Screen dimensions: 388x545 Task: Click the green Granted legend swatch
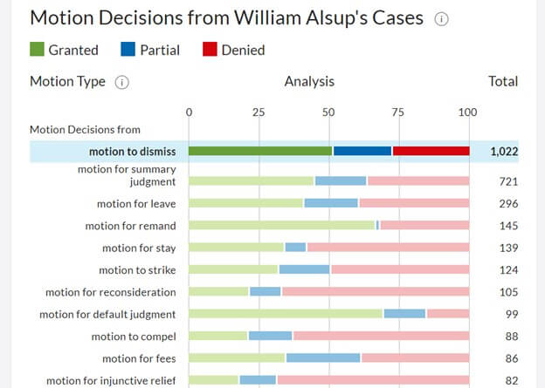[x=37, y=50]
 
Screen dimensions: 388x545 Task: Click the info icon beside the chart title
[x=441, y=19]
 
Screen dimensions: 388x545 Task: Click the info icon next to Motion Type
[x=122, y=82]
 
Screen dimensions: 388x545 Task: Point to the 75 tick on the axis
[x=397, y=112]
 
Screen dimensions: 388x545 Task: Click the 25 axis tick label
[x=259, y=112]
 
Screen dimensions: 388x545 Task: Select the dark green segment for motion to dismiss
[x=260, y=151]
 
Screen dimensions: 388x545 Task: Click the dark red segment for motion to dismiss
[x=431, y=151]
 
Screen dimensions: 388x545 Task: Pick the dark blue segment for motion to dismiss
[x=362, y=151]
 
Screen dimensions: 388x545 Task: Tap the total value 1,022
[x=504, y=151]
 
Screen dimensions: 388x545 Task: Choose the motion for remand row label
[x=130, y=226]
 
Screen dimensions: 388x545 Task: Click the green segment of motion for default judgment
[x=286, y=314]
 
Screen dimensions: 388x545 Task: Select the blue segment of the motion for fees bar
[x=323, y=358]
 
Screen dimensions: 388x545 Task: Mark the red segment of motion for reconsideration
[x=375, y=292]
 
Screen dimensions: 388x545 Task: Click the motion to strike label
[x=137, y=270]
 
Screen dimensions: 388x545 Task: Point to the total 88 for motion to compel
[x=511, y=337]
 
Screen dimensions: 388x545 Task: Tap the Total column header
[x=502, y=82]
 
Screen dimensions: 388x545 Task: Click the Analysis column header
[x=309, y=82]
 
